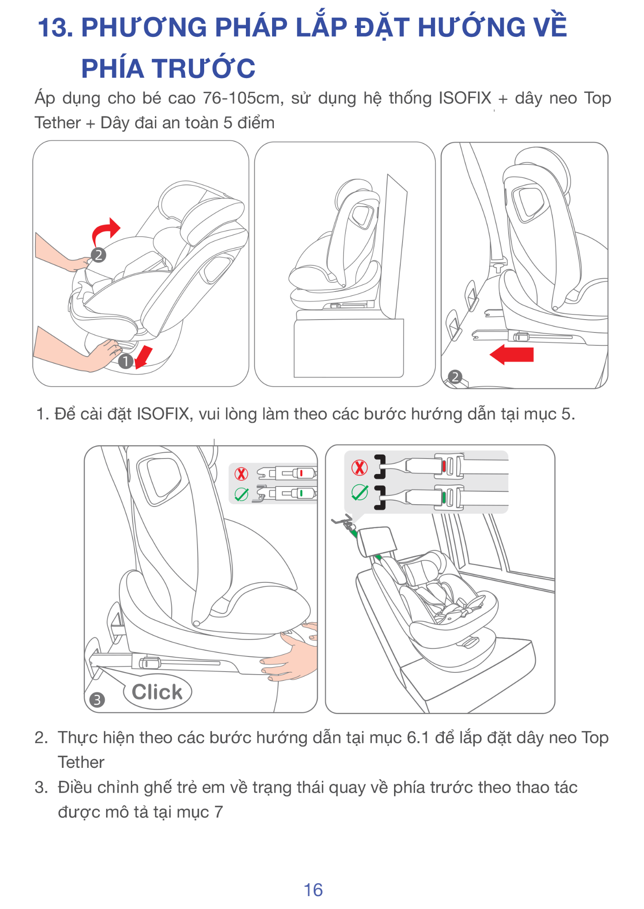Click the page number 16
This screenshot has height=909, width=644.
pos(313,890)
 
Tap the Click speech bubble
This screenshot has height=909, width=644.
pos(158,692)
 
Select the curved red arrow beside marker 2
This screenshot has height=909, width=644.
pos(106,232)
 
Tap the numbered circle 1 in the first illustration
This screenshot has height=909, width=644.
pos(126,362)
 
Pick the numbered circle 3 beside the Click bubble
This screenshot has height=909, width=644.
pos(97,700)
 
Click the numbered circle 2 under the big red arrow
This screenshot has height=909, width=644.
pos(455,377)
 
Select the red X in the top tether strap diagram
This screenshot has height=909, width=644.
pos(360,467)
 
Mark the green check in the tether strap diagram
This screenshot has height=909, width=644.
pos(360,492)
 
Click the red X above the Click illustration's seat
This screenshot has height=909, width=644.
pos(241,474)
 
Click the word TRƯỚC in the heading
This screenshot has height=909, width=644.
pos(204,68)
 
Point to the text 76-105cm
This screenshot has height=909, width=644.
pos(243,98)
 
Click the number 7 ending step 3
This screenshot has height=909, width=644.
pos(218,812)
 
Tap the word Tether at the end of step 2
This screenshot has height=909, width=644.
pos(81,763)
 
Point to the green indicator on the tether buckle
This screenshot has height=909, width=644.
pos(443,497)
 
